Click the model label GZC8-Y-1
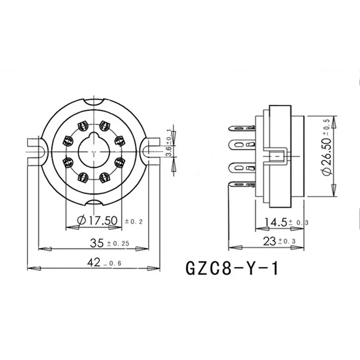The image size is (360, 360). click(232, 268)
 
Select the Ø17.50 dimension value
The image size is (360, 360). click(97, 220)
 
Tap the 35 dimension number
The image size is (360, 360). click(97, 243)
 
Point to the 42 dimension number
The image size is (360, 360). click(94, 262)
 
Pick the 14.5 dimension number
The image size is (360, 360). click(276, 222)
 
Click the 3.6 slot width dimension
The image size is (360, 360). click(169, 151)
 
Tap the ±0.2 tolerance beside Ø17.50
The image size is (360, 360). click(134, 221)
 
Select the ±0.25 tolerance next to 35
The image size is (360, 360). click(118, 243)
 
